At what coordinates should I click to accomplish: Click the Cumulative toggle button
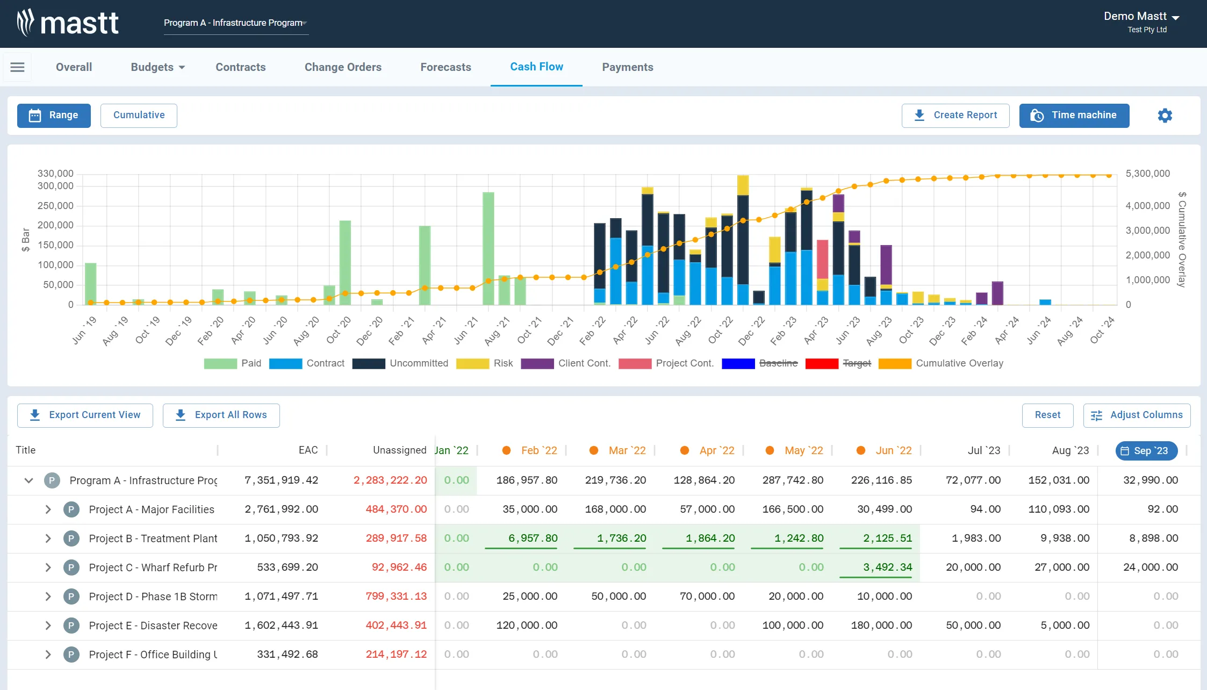coord(139,116)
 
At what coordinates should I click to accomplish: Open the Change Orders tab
coord(343,67)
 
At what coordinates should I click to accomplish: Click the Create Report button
coord(955,116)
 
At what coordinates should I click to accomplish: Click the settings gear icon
coord(1165,116)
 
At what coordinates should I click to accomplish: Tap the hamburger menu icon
coord(17,67)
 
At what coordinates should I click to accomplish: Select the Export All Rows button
coord(221,415)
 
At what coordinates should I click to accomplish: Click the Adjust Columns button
coord(1137,415)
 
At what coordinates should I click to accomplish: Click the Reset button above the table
coord(1047,415)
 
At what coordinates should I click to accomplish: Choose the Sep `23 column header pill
coord(1146,451)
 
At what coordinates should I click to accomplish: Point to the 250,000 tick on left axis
coord(55,206)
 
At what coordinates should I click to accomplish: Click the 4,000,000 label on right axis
coord(1147,206)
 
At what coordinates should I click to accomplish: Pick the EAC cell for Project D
coord(281,596)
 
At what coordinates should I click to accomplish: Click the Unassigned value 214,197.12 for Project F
coord(396,655)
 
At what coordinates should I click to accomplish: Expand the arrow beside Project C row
coord(48,567)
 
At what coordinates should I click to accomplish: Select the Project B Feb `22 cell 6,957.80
coord(533,538)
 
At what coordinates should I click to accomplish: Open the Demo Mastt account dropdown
coord(1141,17)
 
